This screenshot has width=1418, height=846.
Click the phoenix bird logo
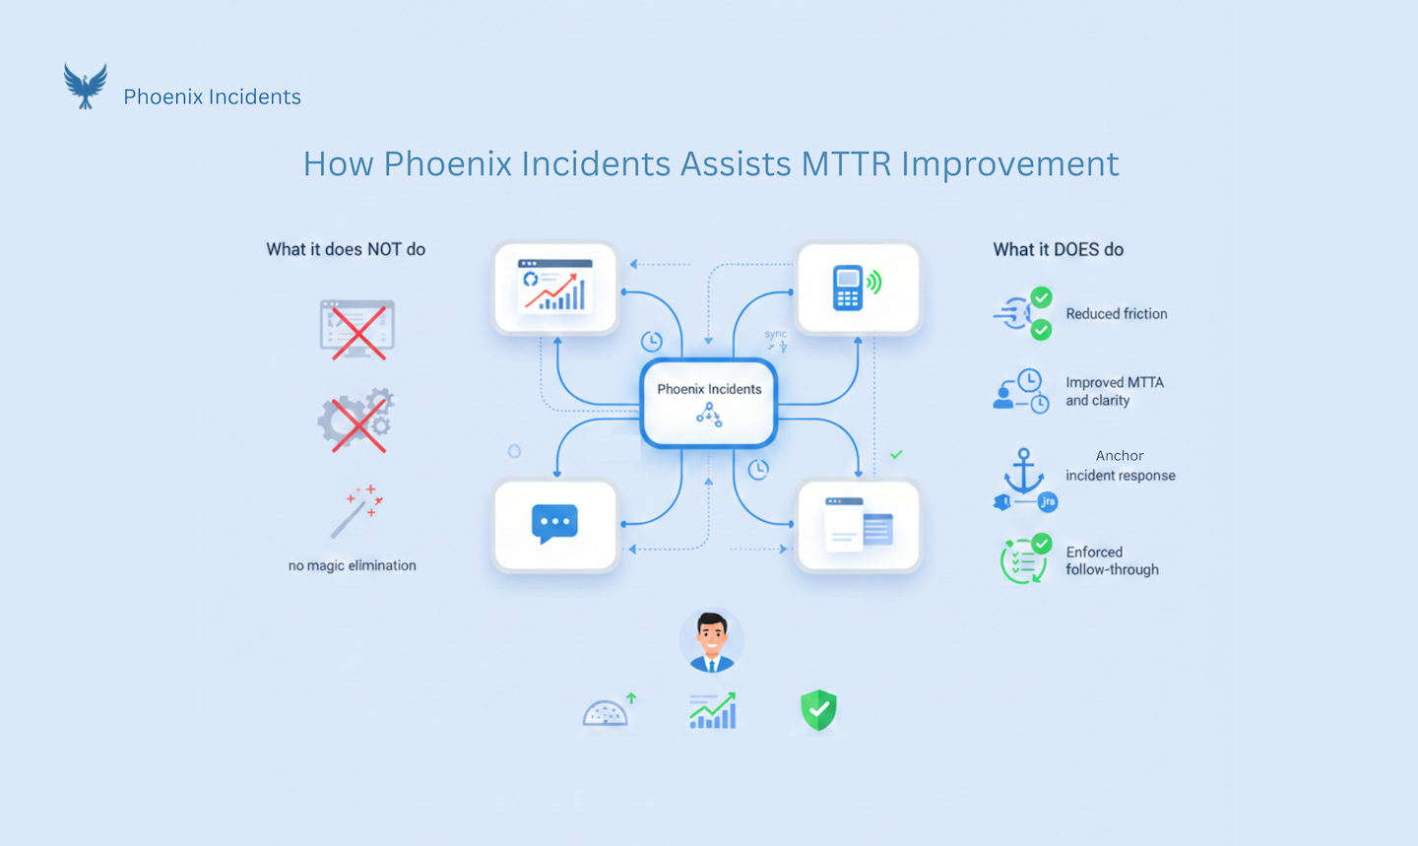coord(86,87)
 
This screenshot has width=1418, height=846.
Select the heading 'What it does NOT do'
coord(346,250)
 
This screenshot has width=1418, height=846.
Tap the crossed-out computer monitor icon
coord(357,329)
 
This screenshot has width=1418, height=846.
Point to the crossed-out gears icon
coord(356,422)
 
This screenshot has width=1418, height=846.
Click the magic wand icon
coord(355,510)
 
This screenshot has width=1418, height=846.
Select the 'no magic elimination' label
coord(352,565)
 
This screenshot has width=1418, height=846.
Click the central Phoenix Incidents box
coord(709,403)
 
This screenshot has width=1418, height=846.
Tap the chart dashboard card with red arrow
coord(555,287)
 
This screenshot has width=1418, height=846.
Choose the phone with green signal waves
coord(857,288)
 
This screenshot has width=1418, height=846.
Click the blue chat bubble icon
coord(554,523)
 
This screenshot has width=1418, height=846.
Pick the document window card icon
coord(859,525)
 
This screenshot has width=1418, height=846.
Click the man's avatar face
coord(711,638)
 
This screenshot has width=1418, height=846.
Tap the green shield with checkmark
coord(818,710)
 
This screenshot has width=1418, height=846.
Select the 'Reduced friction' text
coord(1116,314)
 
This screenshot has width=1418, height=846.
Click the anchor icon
coord(1023,472)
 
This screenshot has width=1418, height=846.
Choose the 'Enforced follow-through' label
coord(1112,560)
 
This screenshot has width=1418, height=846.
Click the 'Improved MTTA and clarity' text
coord(1114,391)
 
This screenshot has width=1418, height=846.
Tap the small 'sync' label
coord(776,335)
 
